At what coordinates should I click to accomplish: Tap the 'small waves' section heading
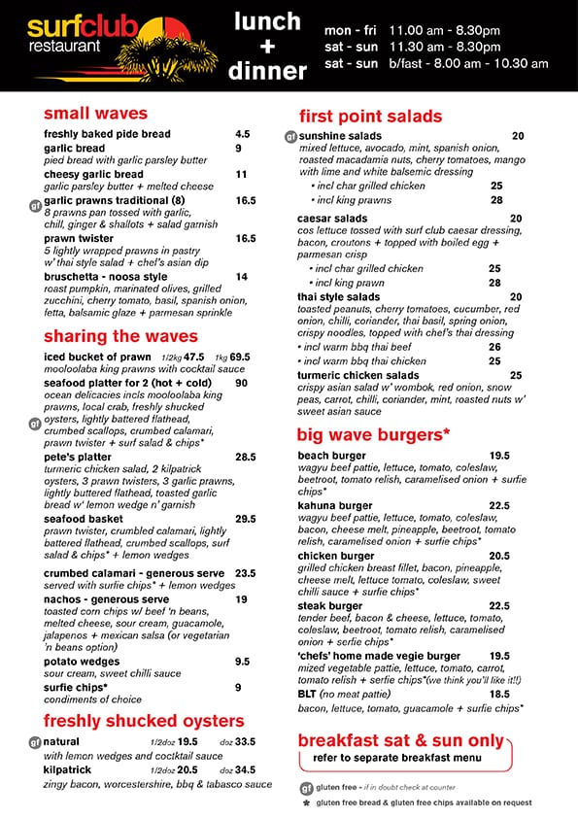95,114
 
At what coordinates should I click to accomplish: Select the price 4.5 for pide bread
242,134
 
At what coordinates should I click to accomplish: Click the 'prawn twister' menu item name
79,238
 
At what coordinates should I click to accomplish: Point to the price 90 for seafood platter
241,383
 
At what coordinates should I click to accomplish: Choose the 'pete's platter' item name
78,457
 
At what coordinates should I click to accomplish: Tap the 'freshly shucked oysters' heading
143,721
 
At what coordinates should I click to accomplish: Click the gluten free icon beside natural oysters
34,742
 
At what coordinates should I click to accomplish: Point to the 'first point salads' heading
370,116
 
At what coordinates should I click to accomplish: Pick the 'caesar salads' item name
332,219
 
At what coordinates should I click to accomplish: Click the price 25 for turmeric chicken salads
516,375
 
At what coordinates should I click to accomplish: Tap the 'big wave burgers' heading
374,433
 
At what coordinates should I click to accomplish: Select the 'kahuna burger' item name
335,505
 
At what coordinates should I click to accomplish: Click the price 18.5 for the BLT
499,694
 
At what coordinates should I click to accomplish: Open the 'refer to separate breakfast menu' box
403,758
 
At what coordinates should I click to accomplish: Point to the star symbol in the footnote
306,803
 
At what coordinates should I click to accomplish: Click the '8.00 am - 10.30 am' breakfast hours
469,63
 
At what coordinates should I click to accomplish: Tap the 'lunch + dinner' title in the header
267,45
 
